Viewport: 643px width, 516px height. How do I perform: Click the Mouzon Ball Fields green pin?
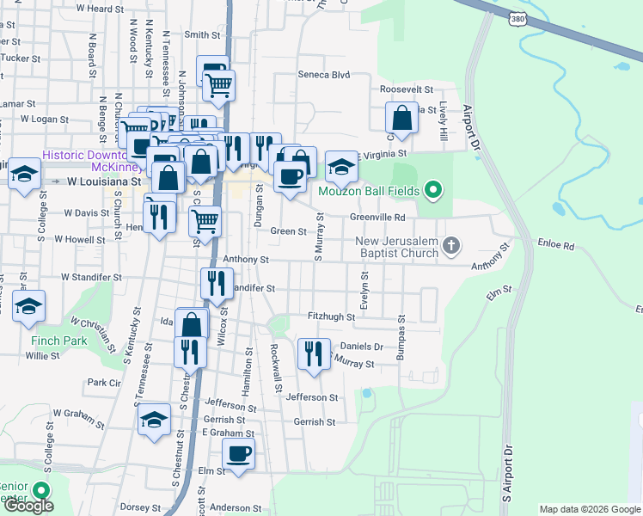click(x=433, y=190)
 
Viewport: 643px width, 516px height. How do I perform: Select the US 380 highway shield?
click(x=517, y=17)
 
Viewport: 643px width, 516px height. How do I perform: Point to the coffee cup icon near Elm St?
click(x=238, y=454)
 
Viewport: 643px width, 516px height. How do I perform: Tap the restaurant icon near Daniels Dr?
click(x=314, y=353)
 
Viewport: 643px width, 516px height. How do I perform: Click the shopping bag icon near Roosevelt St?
click(x=401, y=117)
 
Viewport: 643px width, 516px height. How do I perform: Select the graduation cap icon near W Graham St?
click(x=154, y=419)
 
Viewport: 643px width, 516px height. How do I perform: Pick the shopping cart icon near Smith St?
click(x=218, y=86)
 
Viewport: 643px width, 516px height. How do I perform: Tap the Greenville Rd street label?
click(x=377, y=218)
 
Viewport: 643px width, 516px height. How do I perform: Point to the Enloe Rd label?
click(x=556, y=246)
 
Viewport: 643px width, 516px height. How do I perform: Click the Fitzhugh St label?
click(x=331, y=317)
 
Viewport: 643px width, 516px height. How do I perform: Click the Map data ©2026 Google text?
click(x=589, y=509)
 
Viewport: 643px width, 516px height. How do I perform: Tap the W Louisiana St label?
click(x=104, y=182)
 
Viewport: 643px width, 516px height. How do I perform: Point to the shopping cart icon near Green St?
click(x=205, y=220)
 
